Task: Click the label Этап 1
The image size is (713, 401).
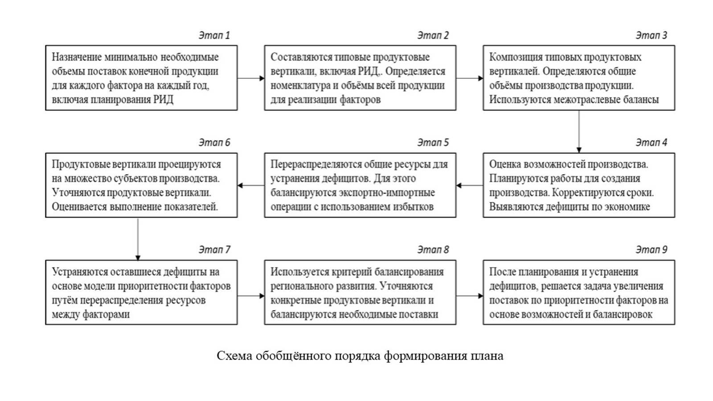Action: [214, 36]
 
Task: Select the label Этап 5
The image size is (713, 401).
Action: [433, 143]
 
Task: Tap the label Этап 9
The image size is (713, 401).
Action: [651, 250]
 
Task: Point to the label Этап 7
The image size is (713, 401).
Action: [214, 250]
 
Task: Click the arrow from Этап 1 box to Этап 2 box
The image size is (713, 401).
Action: [250, 78]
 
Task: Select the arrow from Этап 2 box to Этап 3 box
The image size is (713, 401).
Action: [469, 78]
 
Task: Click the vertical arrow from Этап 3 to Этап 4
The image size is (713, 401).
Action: [579, 131]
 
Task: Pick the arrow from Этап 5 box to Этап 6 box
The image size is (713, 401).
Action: [250, 185]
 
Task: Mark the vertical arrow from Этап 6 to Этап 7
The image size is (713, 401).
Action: [138, 239]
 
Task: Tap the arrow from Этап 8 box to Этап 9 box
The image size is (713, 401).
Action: [469, 295]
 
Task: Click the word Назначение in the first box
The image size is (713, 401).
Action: [76, 57]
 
